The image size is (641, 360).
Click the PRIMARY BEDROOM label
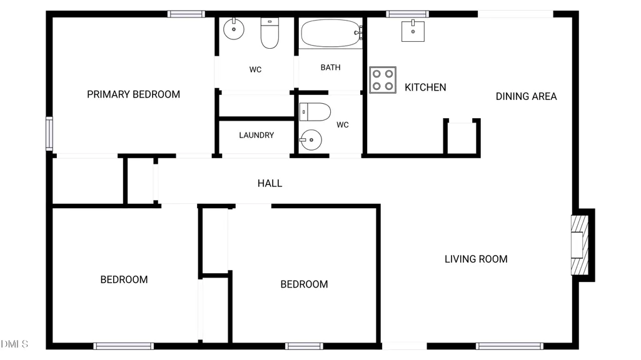click(x=133, y=94)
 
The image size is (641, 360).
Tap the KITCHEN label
click(x=425, y=87)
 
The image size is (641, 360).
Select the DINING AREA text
click(x=526, y=96)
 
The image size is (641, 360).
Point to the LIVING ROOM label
click(x=476, y=259)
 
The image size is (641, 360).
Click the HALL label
click(x=270, y=184)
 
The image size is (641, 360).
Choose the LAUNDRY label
click(x=256, y=135)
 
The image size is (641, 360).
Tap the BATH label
click(x=330, y=67)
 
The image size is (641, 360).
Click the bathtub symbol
click(x=331, y=33)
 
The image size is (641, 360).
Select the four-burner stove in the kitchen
click(x=383, y=80)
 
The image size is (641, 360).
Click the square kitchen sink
click(x=413, y=31)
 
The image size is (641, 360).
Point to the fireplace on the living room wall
click(x=580, y=245)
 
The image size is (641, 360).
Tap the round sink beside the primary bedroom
click(x=234, y=29)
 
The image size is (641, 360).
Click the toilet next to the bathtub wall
click(x=270, y=33)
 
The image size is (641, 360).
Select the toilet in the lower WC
click(x=315, y=112)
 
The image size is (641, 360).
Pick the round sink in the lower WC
click(x=311, y=140)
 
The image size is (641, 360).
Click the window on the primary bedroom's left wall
click(x=49, y=134)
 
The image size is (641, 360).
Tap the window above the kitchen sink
click(x=408, y=14)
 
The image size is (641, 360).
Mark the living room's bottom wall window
click(x=510, y=346)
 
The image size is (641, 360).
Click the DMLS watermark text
click(x=14, y=344)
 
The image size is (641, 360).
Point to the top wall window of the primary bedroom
click(x=186, y=14)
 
